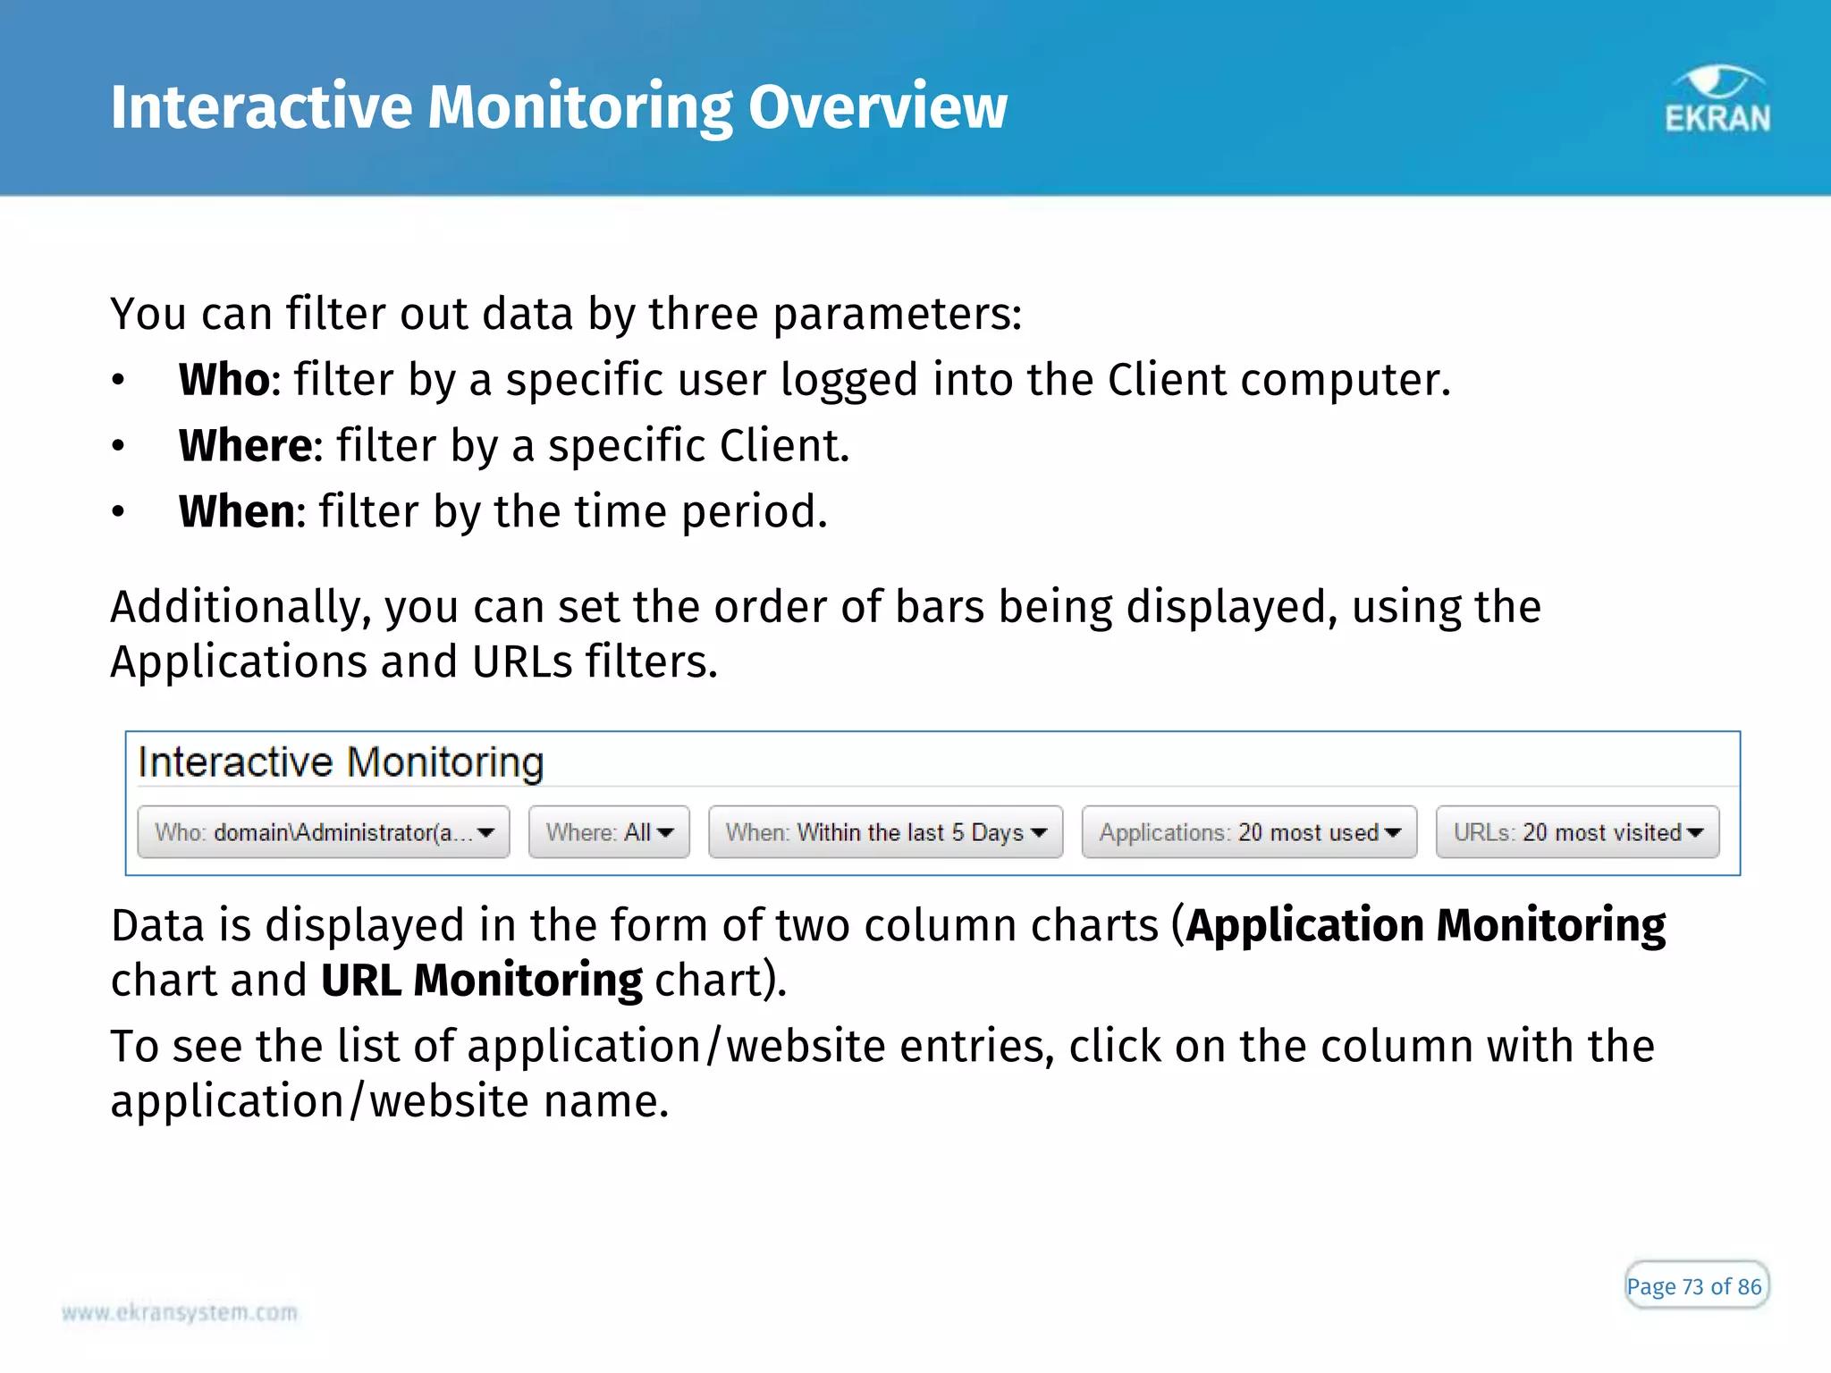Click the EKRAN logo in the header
1717,100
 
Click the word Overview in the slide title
877,107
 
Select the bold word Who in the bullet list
224,380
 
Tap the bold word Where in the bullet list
245,445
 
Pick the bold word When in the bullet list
237,511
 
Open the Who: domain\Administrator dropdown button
323,832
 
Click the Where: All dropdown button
609,832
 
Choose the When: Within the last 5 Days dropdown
885,832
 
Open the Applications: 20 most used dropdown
1249,832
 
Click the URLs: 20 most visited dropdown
1577,832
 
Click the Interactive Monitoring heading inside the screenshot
341,762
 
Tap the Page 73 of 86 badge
1695,1285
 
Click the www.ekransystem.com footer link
180,1312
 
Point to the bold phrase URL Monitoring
481,980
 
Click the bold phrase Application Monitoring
1426,924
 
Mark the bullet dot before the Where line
118,446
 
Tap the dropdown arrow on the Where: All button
665,833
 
